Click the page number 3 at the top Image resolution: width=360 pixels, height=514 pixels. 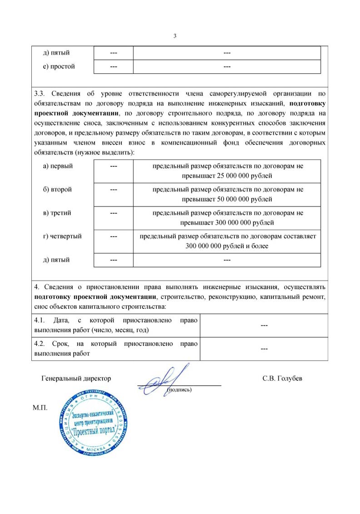pos(175,36)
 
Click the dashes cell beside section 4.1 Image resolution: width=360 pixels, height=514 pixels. pos(264,325)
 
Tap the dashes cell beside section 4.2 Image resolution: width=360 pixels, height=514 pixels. pos(264,348)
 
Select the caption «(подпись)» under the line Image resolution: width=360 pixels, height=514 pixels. pos(180,390)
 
